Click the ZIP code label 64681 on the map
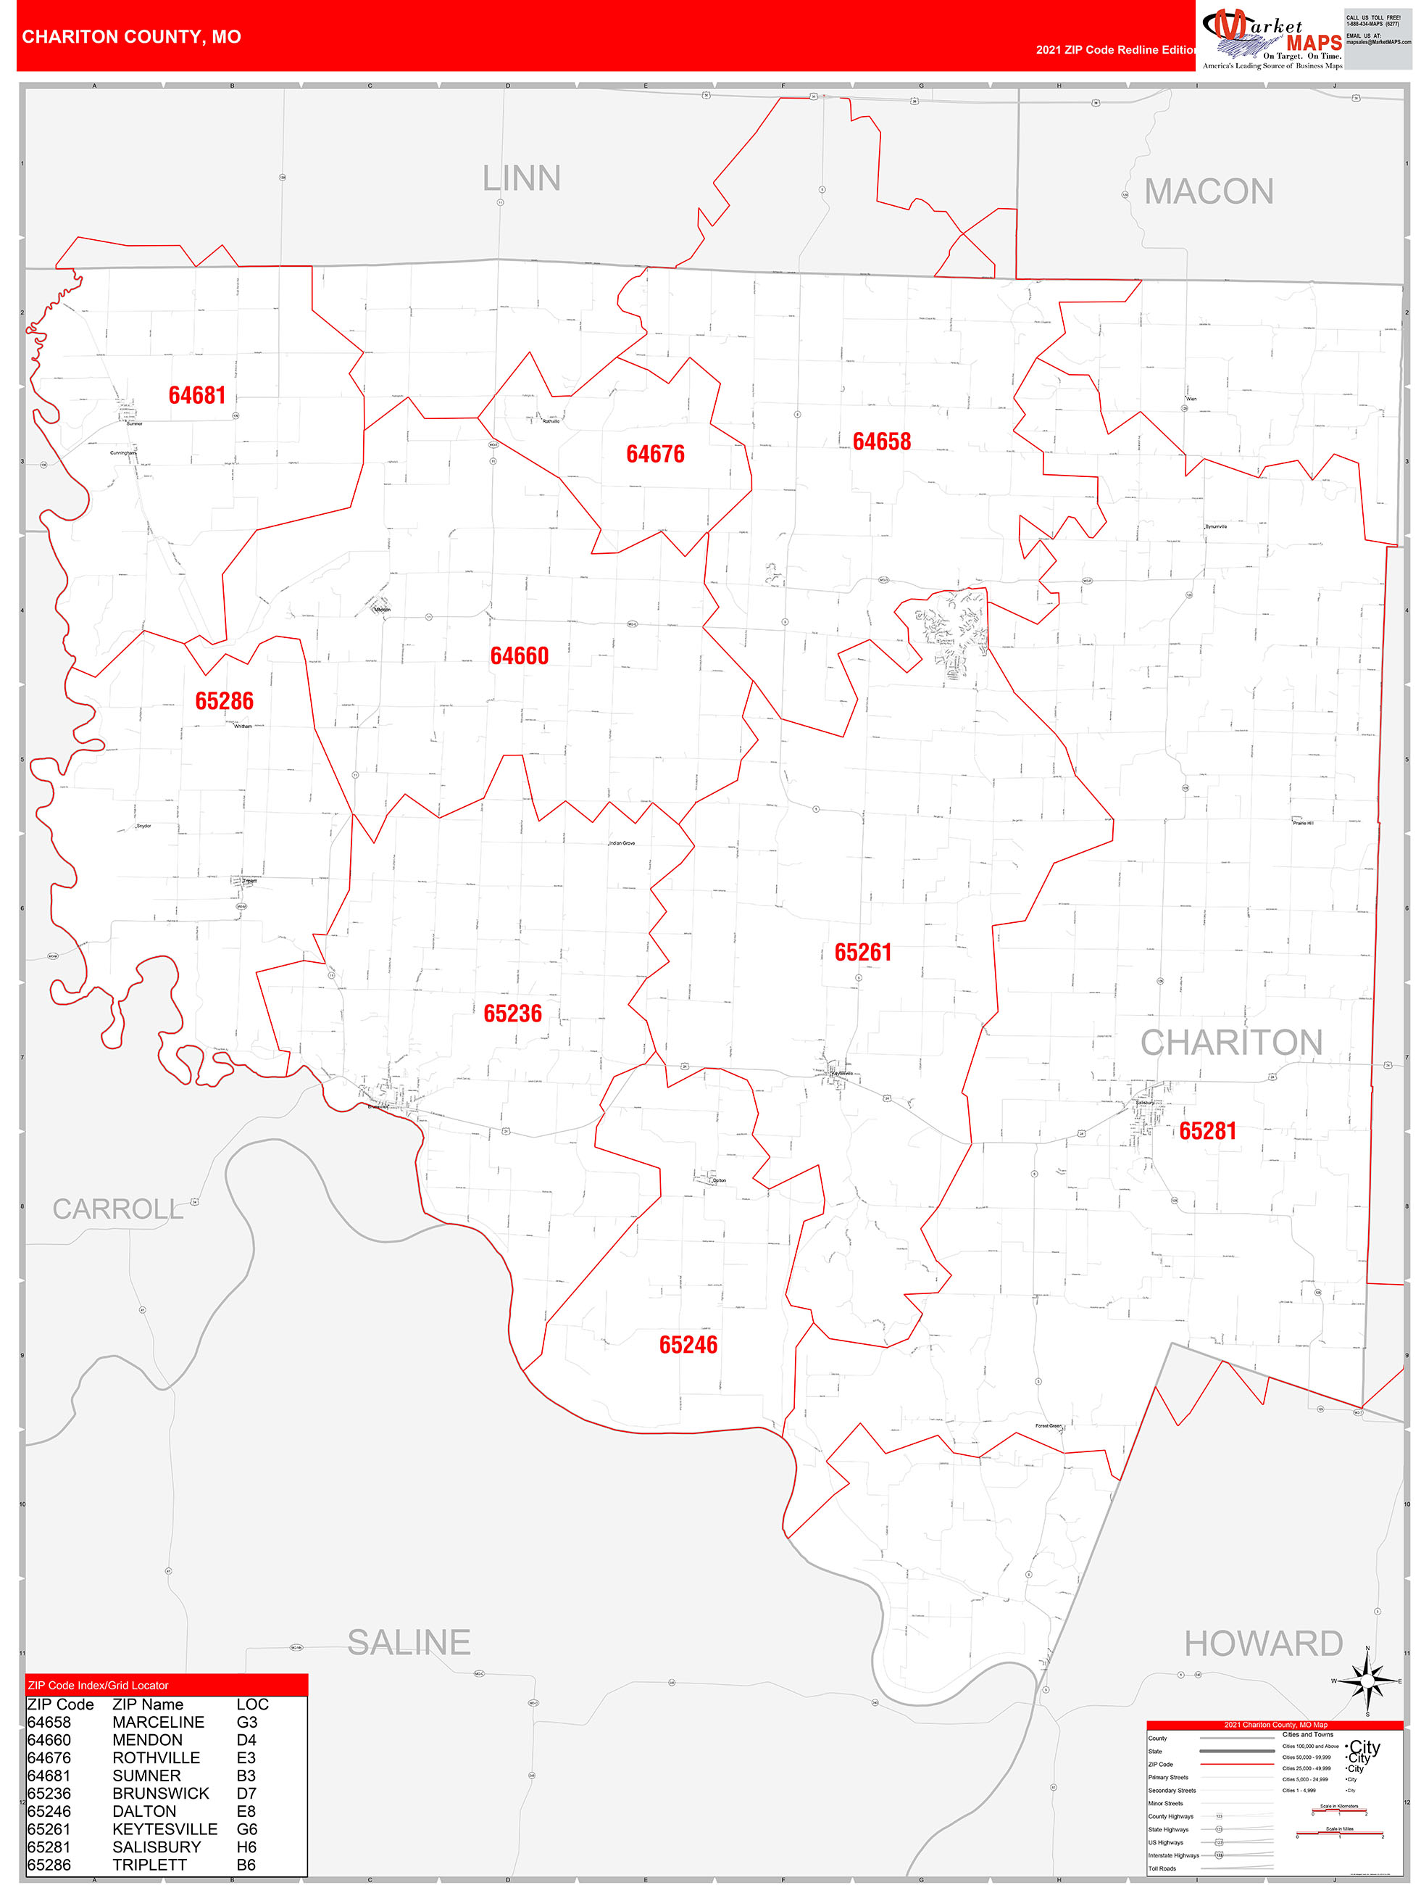click(197, 395)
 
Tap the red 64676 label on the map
click(655, 454)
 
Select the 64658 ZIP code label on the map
click(882, 442)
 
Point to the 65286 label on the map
click(224, 700)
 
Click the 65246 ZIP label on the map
click(688, 1345)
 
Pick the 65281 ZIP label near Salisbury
click(1207, 1131)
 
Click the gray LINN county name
click(522, 179)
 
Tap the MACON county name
click(1208, 191)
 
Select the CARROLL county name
click(117, 1209)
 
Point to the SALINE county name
click(409, 1642)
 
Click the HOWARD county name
click(1264, 1643)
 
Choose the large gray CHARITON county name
click(1231, 1043)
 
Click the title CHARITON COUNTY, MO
click(131, 37)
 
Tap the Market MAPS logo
click(1270, 39)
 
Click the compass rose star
click(1367, 1681)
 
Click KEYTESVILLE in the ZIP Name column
click(164, 1828)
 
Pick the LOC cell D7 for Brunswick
click(246, 1793)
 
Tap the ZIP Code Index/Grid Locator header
click(98, 1686)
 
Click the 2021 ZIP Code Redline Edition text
click(1116, 49)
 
